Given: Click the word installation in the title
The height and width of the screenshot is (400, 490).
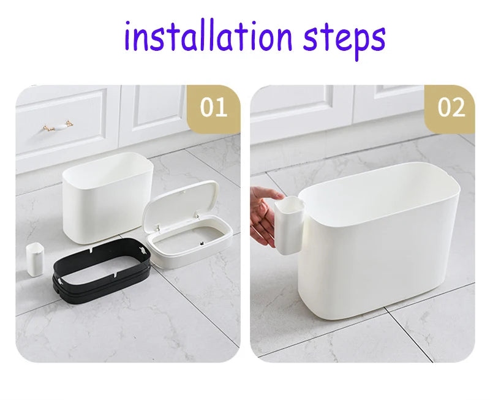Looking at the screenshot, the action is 208,36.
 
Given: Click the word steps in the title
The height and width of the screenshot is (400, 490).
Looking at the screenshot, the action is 344,40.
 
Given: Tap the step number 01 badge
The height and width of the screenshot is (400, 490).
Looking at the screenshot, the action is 214,108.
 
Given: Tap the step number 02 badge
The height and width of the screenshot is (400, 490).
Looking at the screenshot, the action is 451,108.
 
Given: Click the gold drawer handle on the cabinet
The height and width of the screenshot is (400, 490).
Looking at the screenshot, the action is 58,126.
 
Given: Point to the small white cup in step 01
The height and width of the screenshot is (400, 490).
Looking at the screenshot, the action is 34,259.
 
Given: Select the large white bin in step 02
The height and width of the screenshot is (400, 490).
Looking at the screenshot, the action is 379,241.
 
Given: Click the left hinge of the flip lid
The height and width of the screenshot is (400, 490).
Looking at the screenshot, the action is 158,228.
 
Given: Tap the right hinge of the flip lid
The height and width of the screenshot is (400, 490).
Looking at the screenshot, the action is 197,215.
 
